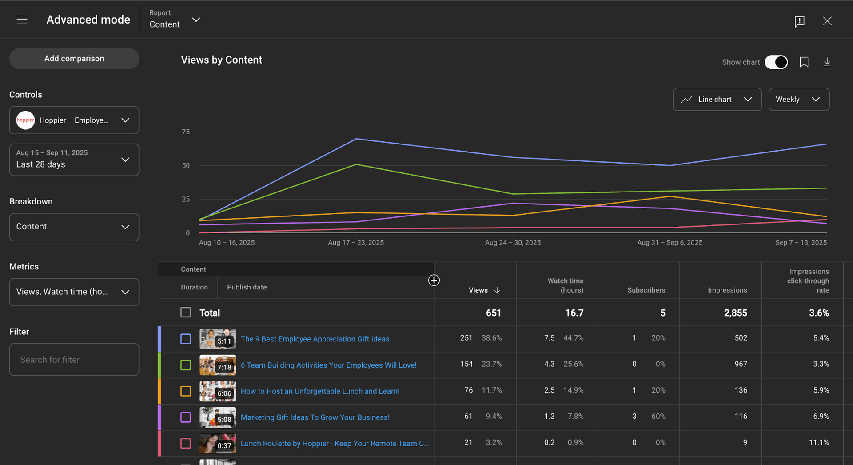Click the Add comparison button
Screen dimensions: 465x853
click(x=74, y=59)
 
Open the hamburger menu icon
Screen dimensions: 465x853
click(x=22, y=20)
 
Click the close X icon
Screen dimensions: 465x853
click(x=827, y=21)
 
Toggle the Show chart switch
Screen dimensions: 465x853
click(x=776, y=62)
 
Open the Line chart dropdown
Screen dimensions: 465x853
click(x=717, y=99)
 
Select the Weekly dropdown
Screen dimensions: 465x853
click(x=798, y=99)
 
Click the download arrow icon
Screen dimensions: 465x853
click(x=827, y=62)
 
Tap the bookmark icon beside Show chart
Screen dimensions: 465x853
click(x=804, y=62)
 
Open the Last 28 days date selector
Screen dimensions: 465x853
click(x=74, y=159)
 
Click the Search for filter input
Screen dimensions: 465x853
click(x=74, y=360)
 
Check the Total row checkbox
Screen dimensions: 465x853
click(x=186, y=313)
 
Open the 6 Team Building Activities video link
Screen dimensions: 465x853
click(x=328, y=365)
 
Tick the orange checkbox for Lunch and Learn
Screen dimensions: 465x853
click(x=186, y=391)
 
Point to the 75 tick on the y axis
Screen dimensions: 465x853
click(x=186, y=132)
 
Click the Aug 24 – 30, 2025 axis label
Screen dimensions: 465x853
click(x=513, y=242)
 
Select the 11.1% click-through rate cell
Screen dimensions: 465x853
click(x=818, y=442)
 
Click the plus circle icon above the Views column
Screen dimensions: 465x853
click(x=434, y=280)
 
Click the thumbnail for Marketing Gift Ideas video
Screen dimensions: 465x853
click(x=218, y=417)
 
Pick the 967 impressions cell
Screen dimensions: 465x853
click(x=740, y=364)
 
